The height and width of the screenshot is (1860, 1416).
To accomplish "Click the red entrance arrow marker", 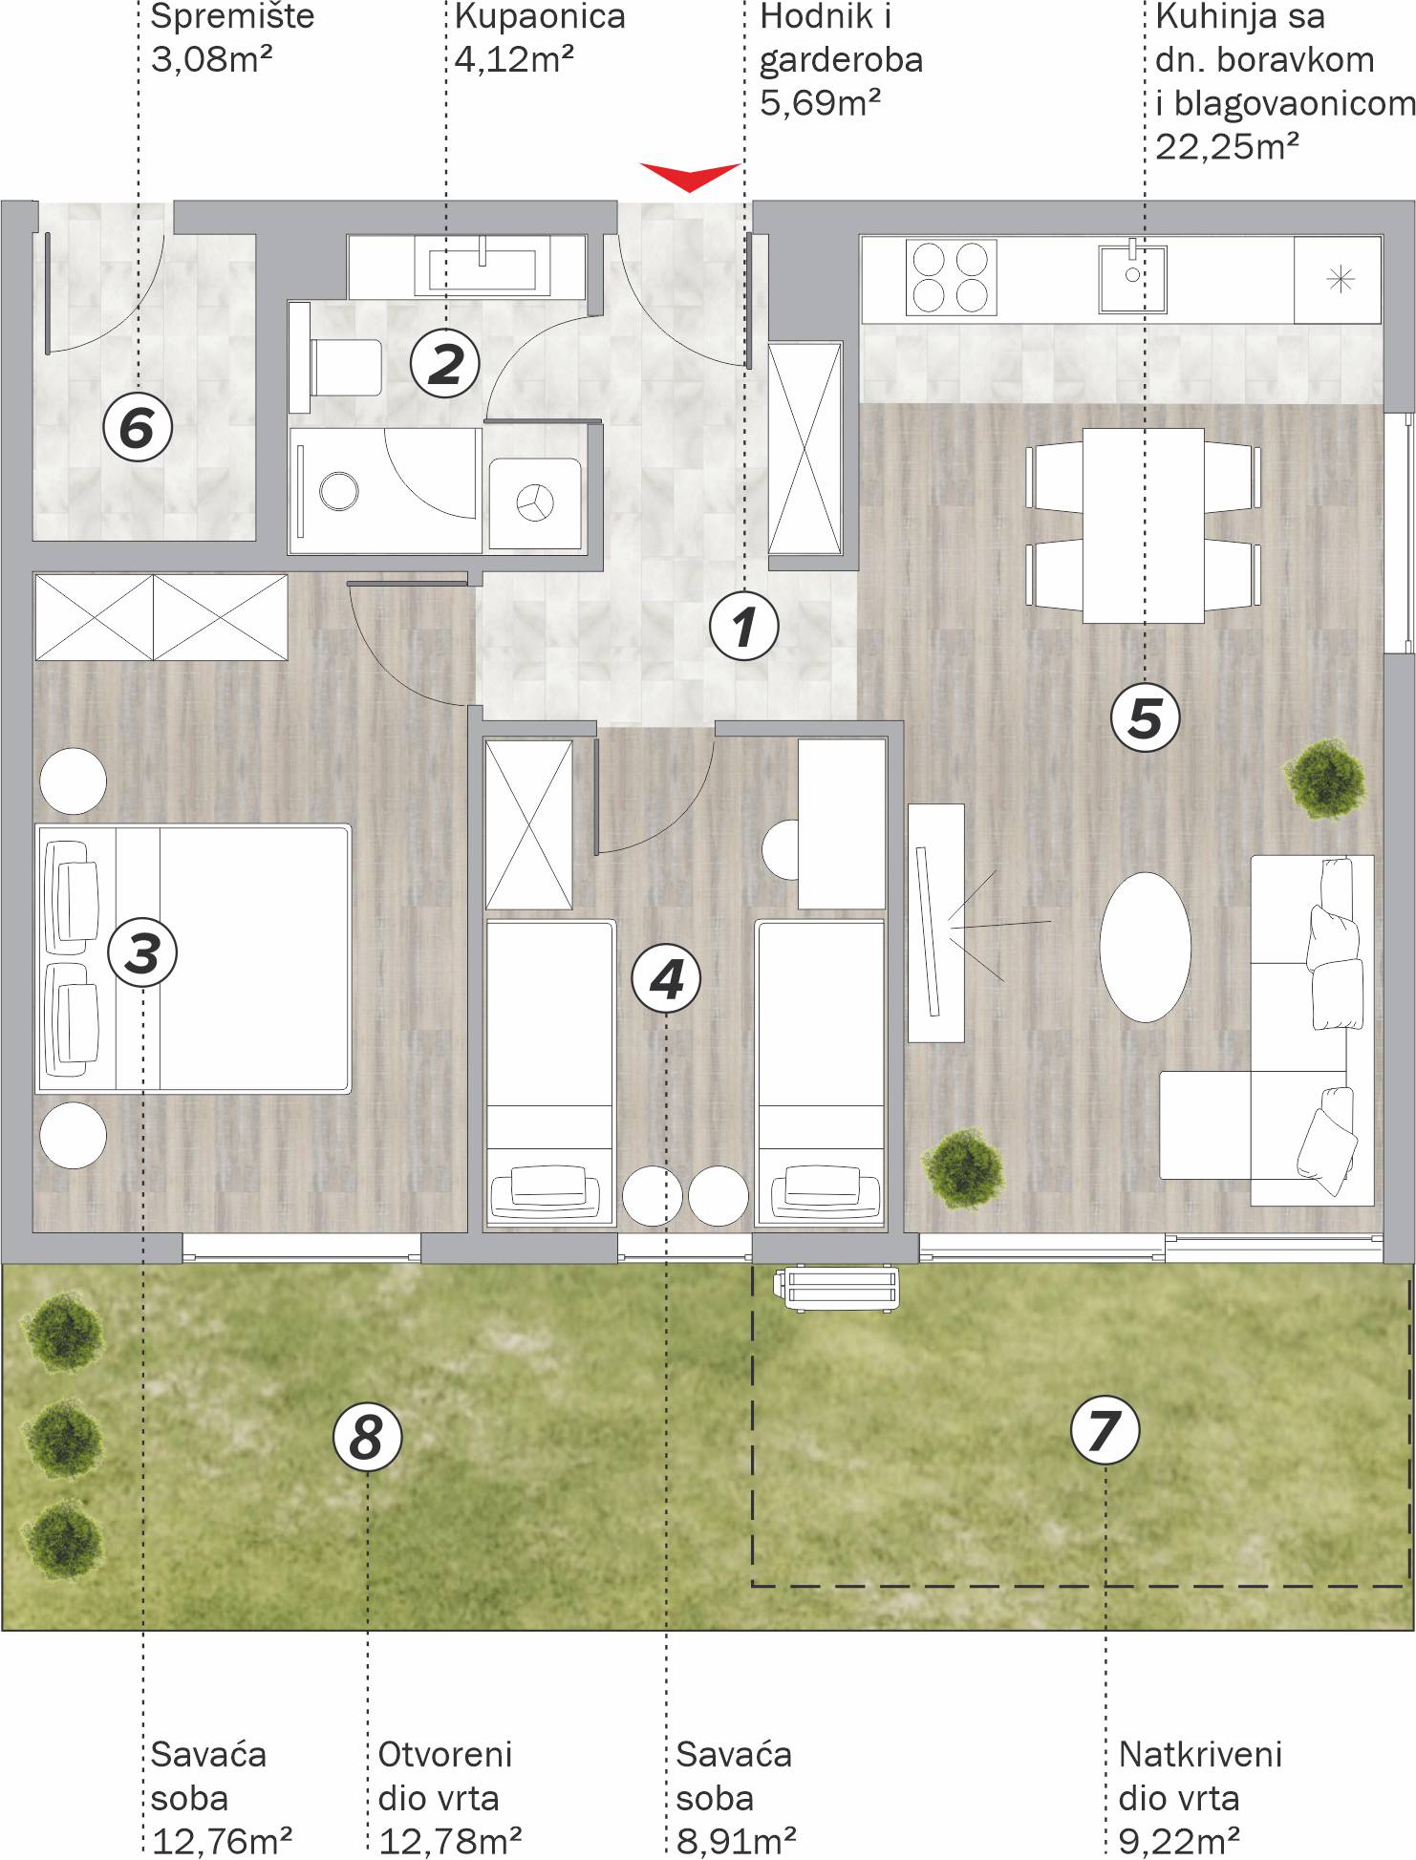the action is (x=690, y=176).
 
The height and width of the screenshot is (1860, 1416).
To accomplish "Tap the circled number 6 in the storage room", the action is (x=138, y=427).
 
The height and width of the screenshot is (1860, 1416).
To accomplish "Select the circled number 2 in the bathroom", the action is (x=445, y=363).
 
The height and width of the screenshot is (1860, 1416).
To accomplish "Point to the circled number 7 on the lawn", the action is (x=1105, y=1430).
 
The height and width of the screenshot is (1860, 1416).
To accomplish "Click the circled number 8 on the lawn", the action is (x=368, y=1436).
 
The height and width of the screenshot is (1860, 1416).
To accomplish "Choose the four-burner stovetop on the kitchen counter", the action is (x=951, y=277).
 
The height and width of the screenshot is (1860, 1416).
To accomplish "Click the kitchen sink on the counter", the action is (x=1132, y=278).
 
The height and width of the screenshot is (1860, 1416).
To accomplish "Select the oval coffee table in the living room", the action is (x=1145, y=946).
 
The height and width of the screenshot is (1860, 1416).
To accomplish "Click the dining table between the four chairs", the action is (x=1143, y=525).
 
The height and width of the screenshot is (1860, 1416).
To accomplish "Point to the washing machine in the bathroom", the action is (x=535, y=502).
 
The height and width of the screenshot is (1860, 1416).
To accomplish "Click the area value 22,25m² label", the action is (x=1227, y=147).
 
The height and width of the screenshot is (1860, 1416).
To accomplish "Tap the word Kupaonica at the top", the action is (x=540, y=17).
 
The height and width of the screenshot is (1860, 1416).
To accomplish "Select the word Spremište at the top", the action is (x=233, y=17).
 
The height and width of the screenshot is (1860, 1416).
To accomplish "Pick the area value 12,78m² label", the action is (x=450, y=1838).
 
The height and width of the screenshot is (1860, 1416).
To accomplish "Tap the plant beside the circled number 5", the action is (x=1324, y=777).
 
